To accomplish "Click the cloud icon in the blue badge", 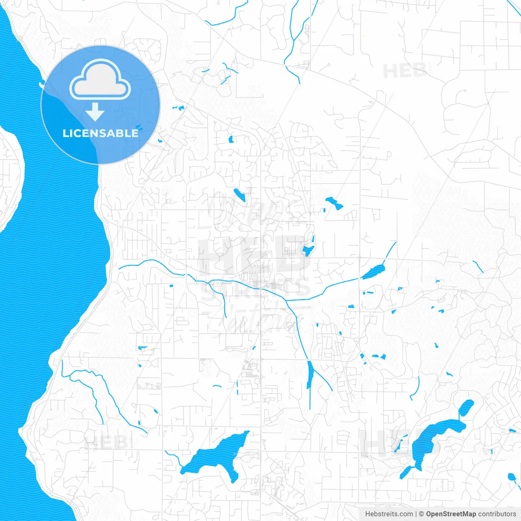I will tap(100, 81).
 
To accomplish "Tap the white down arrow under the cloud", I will tap(95, 112).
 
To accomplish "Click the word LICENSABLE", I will tap(101, 134).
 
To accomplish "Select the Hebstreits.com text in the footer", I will tap(389, 514).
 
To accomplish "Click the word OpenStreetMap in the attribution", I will tap(451, 514).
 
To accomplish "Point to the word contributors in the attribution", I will tap(497, 514).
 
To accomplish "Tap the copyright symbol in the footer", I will tap(421, 514).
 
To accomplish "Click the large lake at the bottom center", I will tap(216, 454).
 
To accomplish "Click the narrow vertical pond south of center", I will tap(310, 374).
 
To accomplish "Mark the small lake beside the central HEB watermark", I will tap(308, 250).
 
